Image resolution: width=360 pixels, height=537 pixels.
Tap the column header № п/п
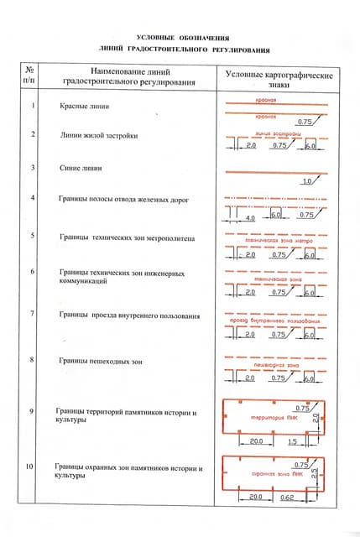coord(30,76)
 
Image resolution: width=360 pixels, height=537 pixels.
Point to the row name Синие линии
coord(81,168)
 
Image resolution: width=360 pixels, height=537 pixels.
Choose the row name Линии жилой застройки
coord(98,134)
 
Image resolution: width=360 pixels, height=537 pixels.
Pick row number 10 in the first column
coord(31,466)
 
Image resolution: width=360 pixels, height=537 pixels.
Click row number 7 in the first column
coord(31,314)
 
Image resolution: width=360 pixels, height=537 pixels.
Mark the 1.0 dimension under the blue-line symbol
coord(306,181)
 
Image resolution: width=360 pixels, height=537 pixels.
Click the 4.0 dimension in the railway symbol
coord(249,217)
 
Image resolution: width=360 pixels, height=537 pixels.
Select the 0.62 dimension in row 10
coord(289,498)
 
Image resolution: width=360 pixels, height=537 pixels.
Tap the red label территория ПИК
coord(266,417)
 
